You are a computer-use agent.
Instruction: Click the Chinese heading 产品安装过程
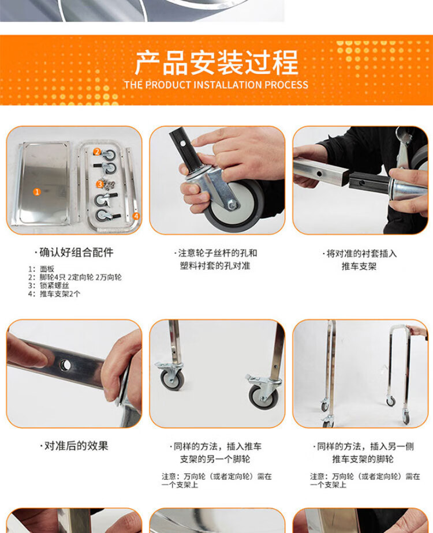(216, 62)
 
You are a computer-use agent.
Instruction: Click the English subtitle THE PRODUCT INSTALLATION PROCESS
(216, 85)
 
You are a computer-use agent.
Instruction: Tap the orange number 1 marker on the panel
(37, 192)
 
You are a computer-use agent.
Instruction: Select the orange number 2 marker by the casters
(97, 152)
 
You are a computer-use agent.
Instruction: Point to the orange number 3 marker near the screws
(100, 184)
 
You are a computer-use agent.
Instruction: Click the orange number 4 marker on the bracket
(136, 216)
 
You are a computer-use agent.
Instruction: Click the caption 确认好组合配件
(74, 253)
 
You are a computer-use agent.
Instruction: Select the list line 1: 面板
(41, 269)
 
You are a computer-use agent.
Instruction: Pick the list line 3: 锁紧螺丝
(48, 286)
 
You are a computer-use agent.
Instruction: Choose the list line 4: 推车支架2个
(54, 294)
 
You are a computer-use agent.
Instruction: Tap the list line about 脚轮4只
(75, 277)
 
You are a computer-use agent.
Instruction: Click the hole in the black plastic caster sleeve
(184, 144)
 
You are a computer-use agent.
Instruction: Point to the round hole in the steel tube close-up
(65, 365)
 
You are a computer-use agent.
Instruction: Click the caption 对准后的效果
(74, 446)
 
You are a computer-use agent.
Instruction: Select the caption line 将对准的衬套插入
(359, 254)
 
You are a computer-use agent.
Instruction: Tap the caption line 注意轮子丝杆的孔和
(215, 253)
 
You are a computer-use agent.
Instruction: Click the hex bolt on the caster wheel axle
(233, 205)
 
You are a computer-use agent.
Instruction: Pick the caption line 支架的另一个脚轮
(215, 459)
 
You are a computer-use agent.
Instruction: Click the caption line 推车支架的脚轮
(363, 459)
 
